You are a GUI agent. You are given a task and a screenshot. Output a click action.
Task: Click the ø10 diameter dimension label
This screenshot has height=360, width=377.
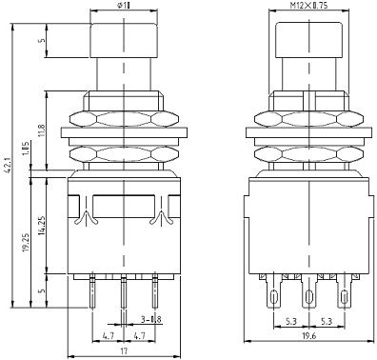point(124,5)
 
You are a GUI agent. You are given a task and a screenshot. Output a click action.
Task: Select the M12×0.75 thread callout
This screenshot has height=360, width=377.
point(308,5)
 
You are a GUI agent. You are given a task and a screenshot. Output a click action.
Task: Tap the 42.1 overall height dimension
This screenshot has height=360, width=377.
point(9,166)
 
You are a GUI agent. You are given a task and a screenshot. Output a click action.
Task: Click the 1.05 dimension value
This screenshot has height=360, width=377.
point(27,149)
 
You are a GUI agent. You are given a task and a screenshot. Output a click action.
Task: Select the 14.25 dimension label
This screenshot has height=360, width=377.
point(42,226)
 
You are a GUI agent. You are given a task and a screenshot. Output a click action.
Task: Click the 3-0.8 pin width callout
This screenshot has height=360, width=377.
point(151,319)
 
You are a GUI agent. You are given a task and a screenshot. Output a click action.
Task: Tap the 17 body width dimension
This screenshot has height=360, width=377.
point(124,350)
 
